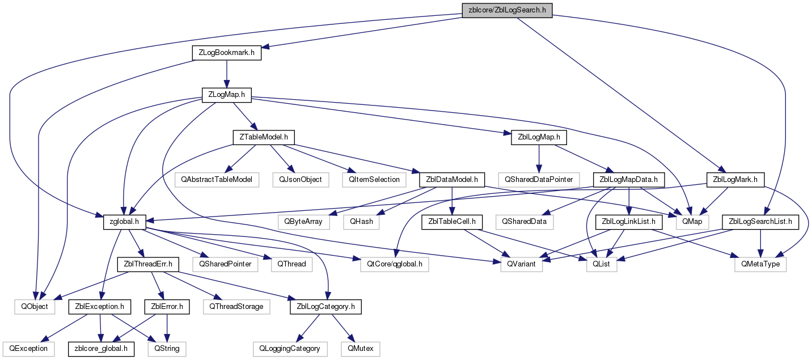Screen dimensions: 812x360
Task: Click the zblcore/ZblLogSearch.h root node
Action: click(x=507, y=10)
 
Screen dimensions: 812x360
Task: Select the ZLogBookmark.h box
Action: click(x=227, y=53)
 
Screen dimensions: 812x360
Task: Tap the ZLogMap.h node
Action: click(x=227, y=95)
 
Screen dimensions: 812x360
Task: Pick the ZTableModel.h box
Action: click(x=264, y=137)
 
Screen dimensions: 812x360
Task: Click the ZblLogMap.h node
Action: click(x=539, y=137)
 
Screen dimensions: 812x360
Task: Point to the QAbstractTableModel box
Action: click(x=217, y=180)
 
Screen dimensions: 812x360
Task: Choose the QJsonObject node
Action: click(x=301, y=180)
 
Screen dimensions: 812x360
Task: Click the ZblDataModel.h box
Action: click(x=452, y=180)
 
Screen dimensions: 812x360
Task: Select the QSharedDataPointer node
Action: click(x=539, y=180)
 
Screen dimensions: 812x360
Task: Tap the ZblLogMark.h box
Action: click(x=735, y=180)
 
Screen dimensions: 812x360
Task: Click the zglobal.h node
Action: click(x=124, y=222)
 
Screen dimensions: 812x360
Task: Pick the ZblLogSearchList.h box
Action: click(x=760, y=222)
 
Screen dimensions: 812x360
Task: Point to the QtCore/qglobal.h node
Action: click(x=395, y=264)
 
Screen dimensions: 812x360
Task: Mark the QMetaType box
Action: click(x=760, y=264)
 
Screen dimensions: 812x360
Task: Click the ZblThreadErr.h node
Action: click(x=148, y=264)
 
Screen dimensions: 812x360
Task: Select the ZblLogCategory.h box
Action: click(x=325, y=307)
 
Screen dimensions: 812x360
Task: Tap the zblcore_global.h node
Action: click(x=101, y=349)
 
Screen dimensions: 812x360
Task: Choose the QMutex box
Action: click(x=360, y=349)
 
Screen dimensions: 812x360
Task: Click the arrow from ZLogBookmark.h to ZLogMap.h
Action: click(x=227, y=74)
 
